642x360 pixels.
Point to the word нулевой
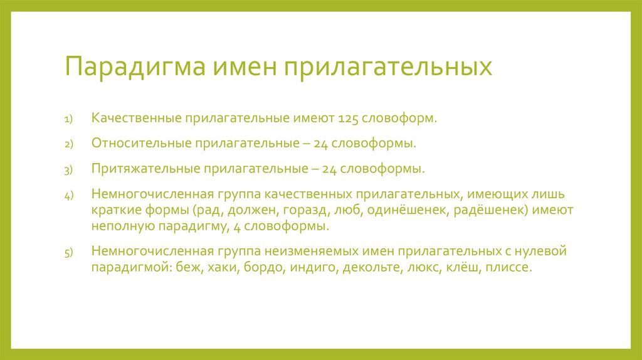coord(539,251)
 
